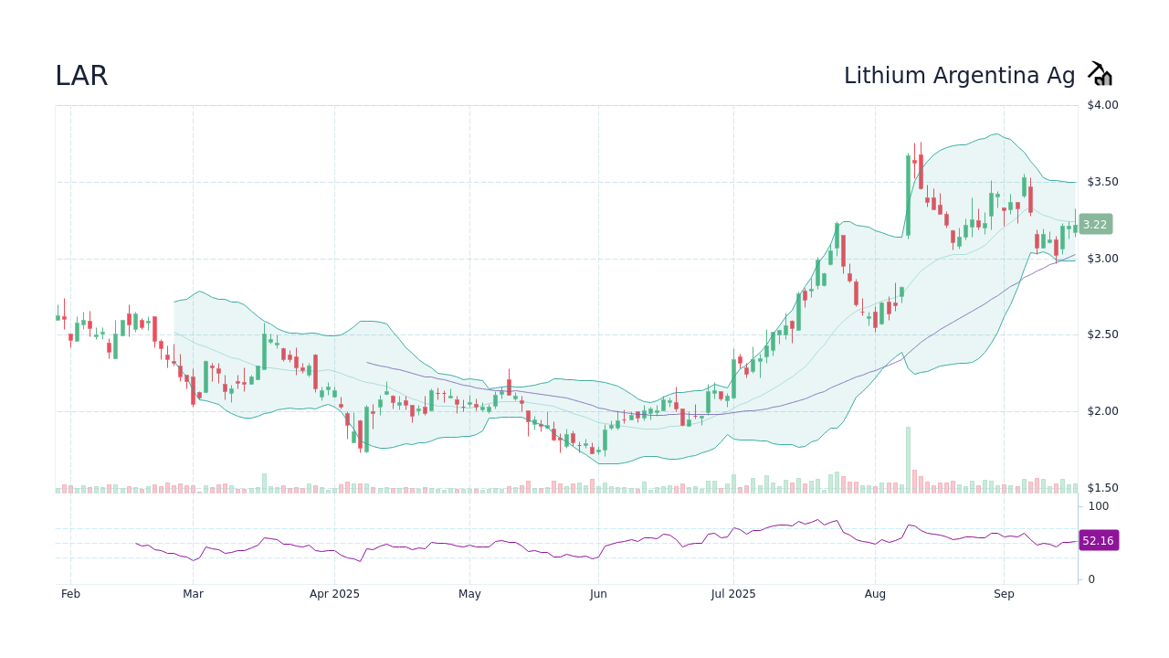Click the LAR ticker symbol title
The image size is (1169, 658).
[x=81, y=76]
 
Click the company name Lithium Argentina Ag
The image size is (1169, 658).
[x=959, y=76]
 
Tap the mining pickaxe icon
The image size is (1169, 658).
[x=1100, y=74]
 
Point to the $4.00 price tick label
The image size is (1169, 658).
[x=1102, y=105]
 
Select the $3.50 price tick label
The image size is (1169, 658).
[x=1102, y=182]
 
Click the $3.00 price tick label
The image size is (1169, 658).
[x=1102, y=259]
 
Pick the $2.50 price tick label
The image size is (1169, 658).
[x=1102, y=334]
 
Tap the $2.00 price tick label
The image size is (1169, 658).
[x=1102, y=411]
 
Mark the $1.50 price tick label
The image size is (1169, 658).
[x=1102, y=487]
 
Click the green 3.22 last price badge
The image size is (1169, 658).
[x=1095, y=224]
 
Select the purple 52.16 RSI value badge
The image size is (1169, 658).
[x=1098, y=541]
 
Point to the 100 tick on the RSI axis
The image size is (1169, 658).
[x=1098, y=506]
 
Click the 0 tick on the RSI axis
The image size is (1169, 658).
[x=1091, y=579]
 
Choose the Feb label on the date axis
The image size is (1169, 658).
[x=70, y=594]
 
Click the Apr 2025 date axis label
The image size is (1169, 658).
[x=334, y=594]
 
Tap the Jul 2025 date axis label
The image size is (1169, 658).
[x=732, y=594]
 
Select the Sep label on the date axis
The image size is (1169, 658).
[x=1004, y=594]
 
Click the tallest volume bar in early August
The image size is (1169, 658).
[x=908, y=460]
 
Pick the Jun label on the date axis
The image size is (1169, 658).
[x=598, y=594]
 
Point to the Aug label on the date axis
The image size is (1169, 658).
[x=875, y=594]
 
